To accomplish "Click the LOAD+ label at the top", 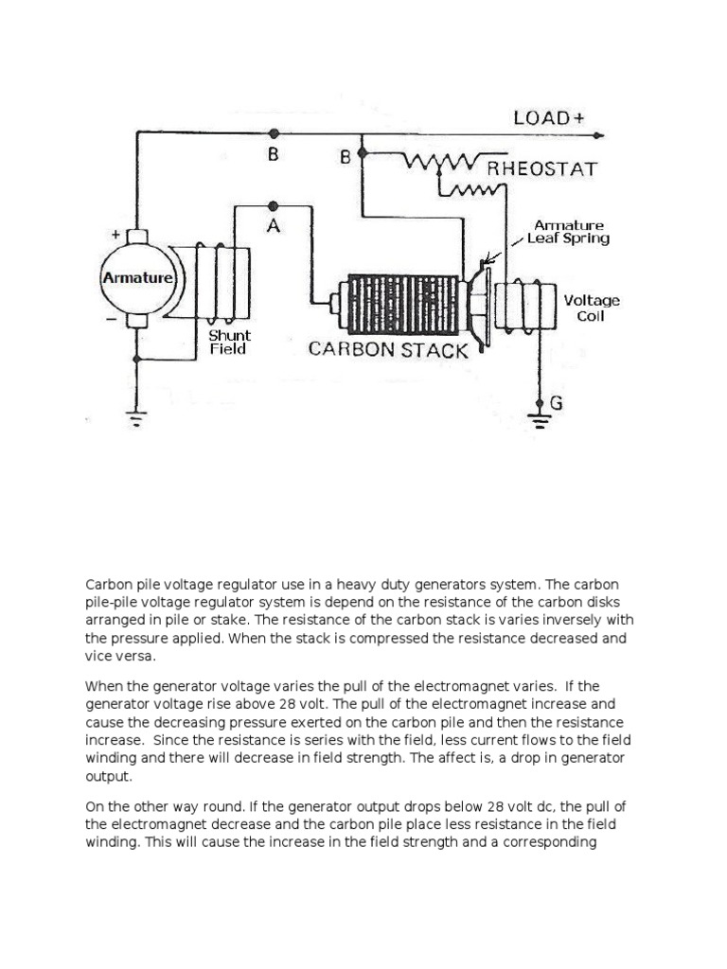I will (x=548, y=118).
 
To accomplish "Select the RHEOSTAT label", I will (x=541, y=170).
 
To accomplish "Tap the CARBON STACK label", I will (x=388, y=350).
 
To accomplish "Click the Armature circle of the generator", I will (x=138, y=278).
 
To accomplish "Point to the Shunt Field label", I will (x=229, y=342).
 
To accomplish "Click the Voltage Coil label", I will (x=592, y=308).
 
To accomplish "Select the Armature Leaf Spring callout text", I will (x=568, y=232).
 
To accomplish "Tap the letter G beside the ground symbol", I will (x=556, y=403).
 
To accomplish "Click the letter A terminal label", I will (x=273, y=228).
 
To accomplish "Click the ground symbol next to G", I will (x=539, y=415).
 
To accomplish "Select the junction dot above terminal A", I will (x=273, y=205).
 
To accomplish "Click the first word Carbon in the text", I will (x=110, y=584).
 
